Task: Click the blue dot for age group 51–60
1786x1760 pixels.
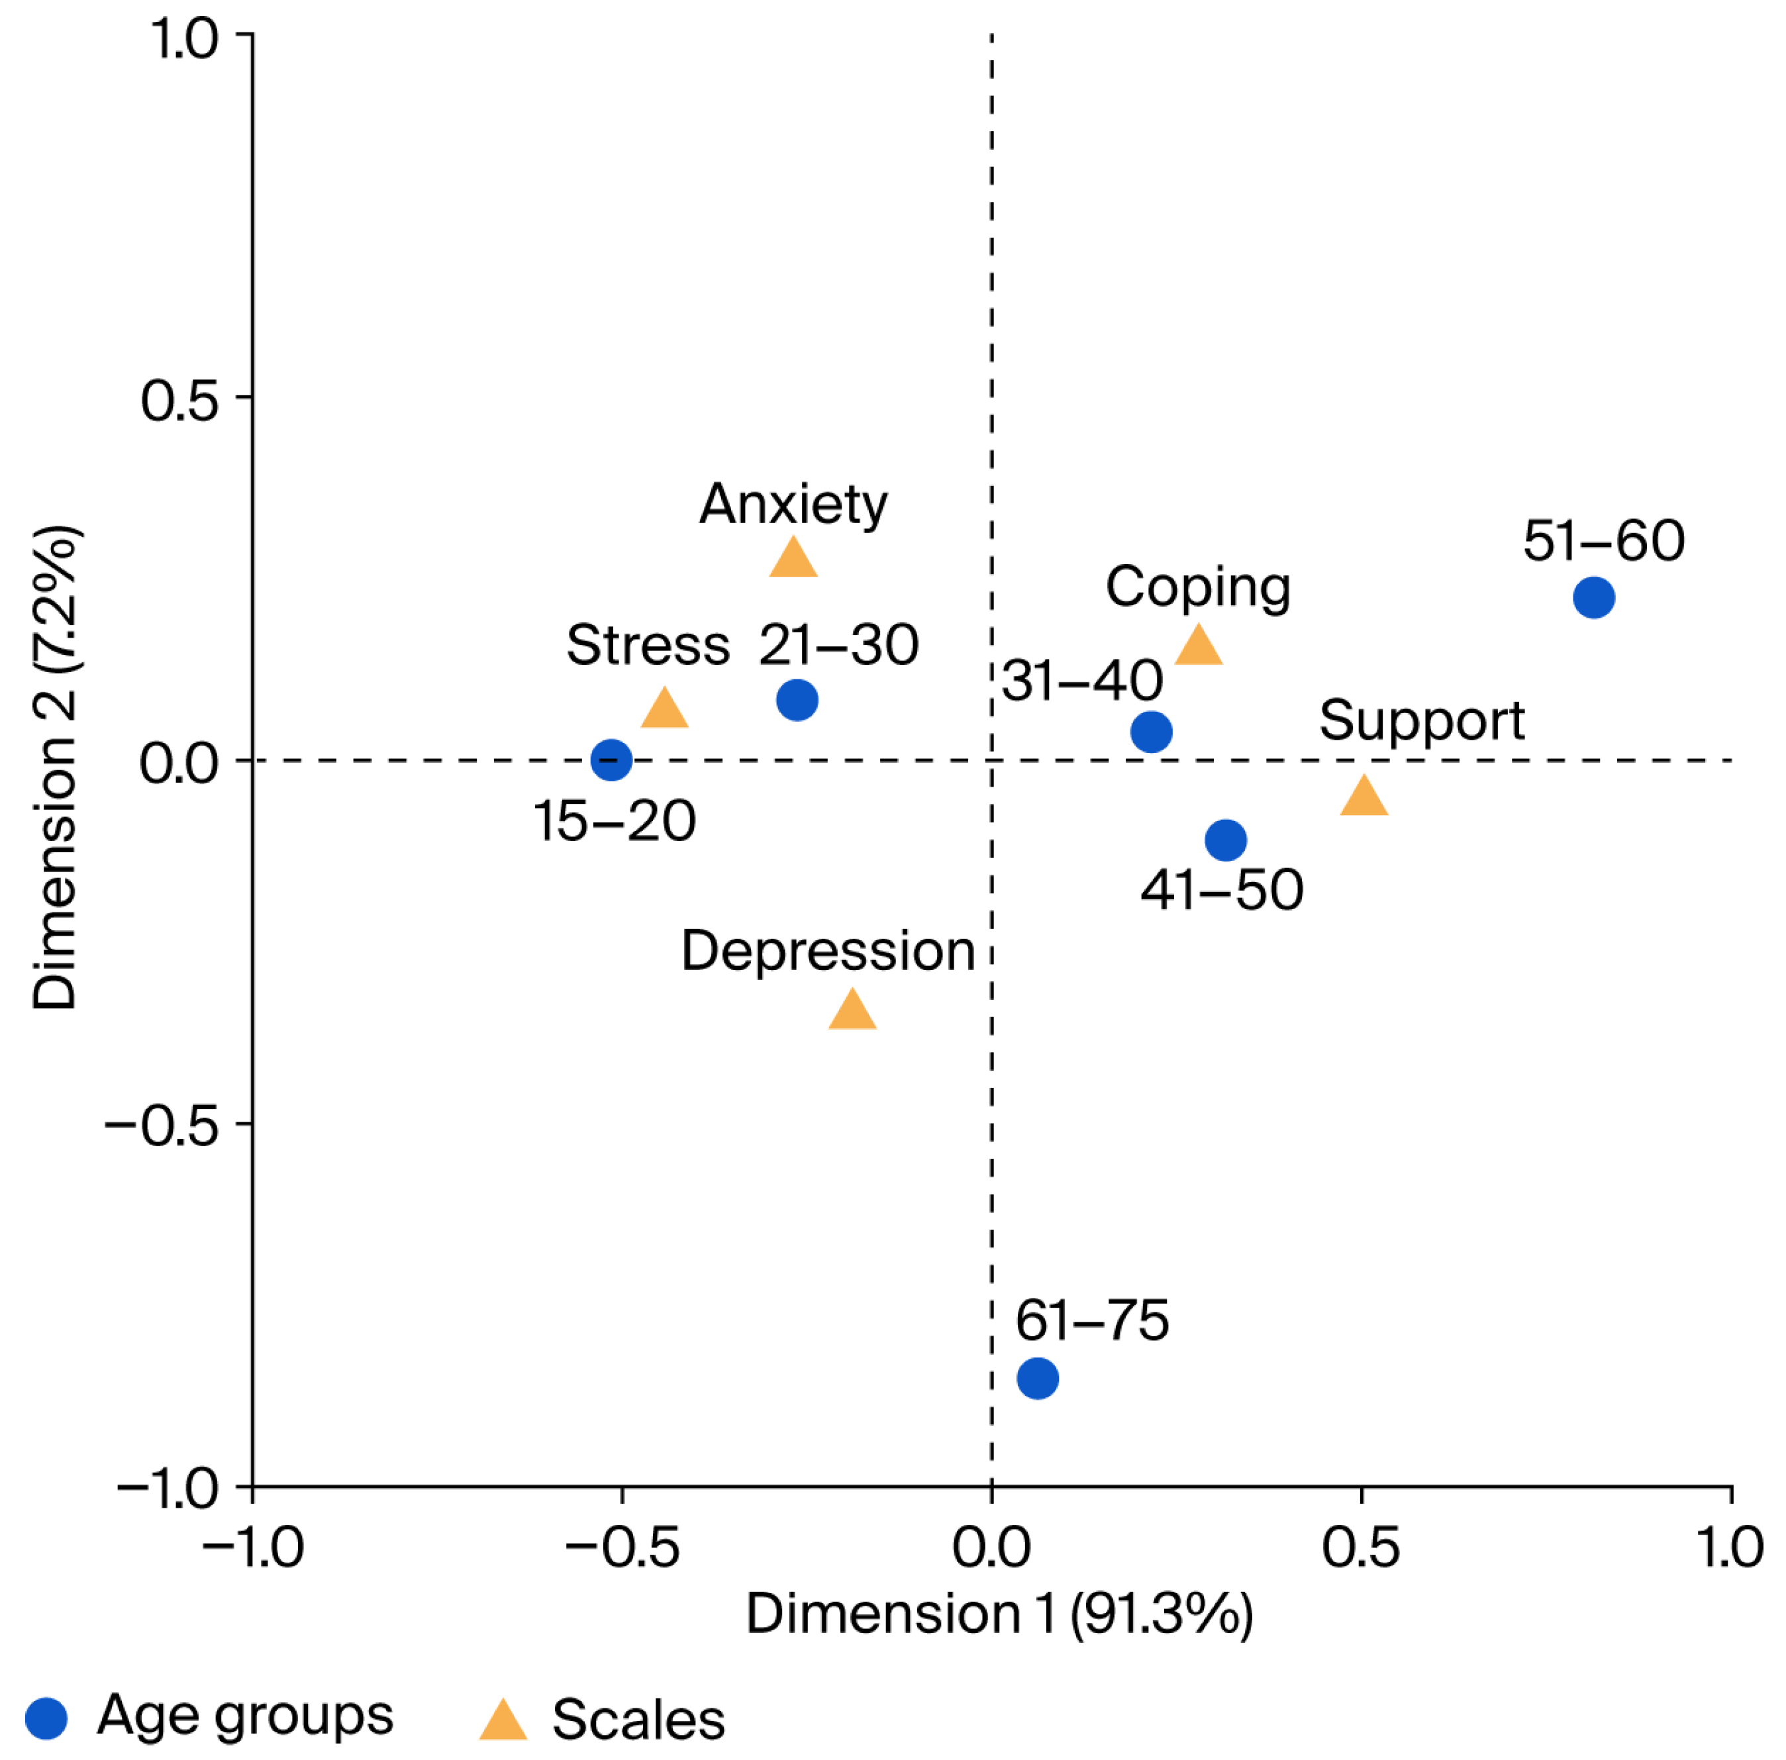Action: tap(1594, 597)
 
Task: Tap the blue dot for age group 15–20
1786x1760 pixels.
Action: tap(611, 760)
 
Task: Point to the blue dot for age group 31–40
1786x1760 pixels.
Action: tap(1151, 731)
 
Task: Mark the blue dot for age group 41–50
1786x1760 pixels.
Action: tap(1226, 840)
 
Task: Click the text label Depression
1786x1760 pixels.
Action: tap(828, 950)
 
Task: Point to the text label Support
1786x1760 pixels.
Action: tap(1422, 721)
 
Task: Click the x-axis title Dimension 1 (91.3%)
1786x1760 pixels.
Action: tap(999, 1614)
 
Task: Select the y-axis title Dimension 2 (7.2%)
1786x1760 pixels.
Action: tap(56, 767)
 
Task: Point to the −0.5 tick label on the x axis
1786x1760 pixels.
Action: tap(622, 1547)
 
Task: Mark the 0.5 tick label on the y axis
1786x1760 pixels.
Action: tap(179, 401)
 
